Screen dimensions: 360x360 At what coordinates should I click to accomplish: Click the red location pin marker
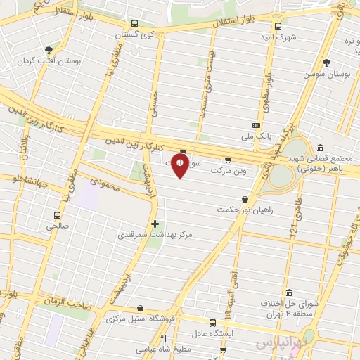click(x=182, y=165)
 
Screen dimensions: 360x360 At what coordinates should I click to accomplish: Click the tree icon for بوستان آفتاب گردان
click(x=49, y=50)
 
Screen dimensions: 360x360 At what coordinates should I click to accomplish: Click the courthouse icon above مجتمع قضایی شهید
click(x=321, y=148)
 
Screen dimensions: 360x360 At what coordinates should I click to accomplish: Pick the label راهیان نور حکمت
click(x=242, y=210)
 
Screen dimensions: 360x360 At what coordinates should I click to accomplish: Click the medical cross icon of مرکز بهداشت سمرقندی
click(x=155, y=224)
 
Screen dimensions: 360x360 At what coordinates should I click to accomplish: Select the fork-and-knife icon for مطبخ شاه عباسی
click(x=164, y=337)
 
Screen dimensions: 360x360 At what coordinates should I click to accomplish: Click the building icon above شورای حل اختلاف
click(x=289, y=292)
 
